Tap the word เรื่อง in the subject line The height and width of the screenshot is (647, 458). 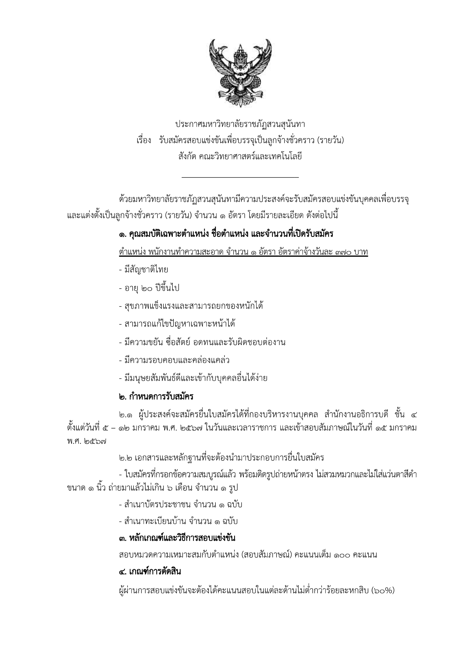(x=143, y=140)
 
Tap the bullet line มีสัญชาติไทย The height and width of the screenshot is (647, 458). (x=143, y=270)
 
